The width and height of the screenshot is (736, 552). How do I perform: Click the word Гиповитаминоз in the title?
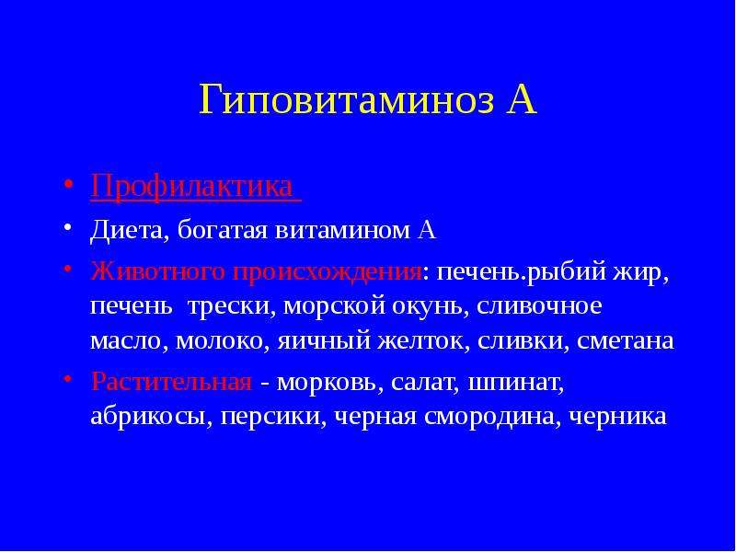click(x=347, y=100)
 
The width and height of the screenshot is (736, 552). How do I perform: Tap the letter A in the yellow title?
click(x=521, y=100)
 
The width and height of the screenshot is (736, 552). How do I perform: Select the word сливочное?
click(x=539, y=307)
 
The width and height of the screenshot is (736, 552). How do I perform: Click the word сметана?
click(x=626, y=341)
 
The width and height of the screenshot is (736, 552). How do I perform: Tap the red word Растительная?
click(x=172, y=382)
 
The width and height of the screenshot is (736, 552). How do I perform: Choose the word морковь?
click(x=327, y=383)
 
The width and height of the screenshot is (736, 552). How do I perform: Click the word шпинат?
click(x=516, y=383)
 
